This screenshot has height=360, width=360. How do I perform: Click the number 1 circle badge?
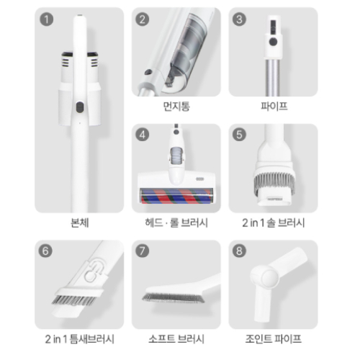coord(47,19)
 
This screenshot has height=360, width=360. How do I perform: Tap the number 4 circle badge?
coord(143,135)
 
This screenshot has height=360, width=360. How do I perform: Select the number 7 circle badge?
coord(143,251)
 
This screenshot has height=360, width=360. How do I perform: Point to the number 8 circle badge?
coord(239,251)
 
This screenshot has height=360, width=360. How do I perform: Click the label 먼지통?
coord(176,107)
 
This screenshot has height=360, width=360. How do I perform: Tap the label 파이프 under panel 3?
coord(274,107)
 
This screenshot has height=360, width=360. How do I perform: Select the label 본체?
coord(80,222)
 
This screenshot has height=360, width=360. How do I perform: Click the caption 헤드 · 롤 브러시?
coord(176,222)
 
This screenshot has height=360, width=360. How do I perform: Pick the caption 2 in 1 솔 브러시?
coord(274,222)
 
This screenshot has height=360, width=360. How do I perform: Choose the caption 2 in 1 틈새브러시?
coord(79,339)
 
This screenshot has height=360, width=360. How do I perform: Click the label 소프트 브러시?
coord(176,339)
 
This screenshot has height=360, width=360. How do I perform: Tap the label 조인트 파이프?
coord(274,339)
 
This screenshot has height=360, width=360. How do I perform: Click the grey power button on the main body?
coord(80,107)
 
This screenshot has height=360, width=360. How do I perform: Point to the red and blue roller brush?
coord(176,196)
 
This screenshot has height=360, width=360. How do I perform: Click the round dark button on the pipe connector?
coord(273,42)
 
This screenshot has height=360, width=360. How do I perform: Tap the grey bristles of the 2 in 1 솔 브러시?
coord(274,181)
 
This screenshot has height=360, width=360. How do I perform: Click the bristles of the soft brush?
coord(174,298)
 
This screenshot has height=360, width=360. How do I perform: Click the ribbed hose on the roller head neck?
coord(176,156)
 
